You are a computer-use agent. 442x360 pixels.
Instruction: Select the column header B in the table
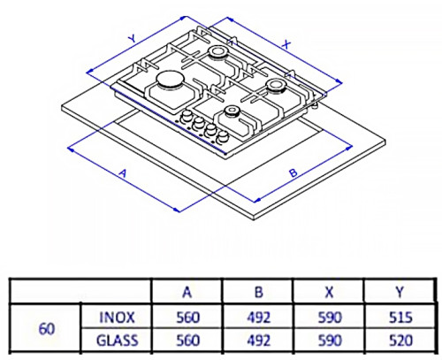(256, 291)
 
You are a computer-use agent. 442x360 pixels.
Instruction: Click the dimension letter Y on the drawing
(131, 39)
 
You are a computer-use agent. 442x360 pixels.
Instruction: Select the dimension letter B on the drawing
(292, 174)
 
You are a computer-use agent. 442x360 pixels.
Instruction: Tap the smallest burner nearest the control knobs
(232, 111)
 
